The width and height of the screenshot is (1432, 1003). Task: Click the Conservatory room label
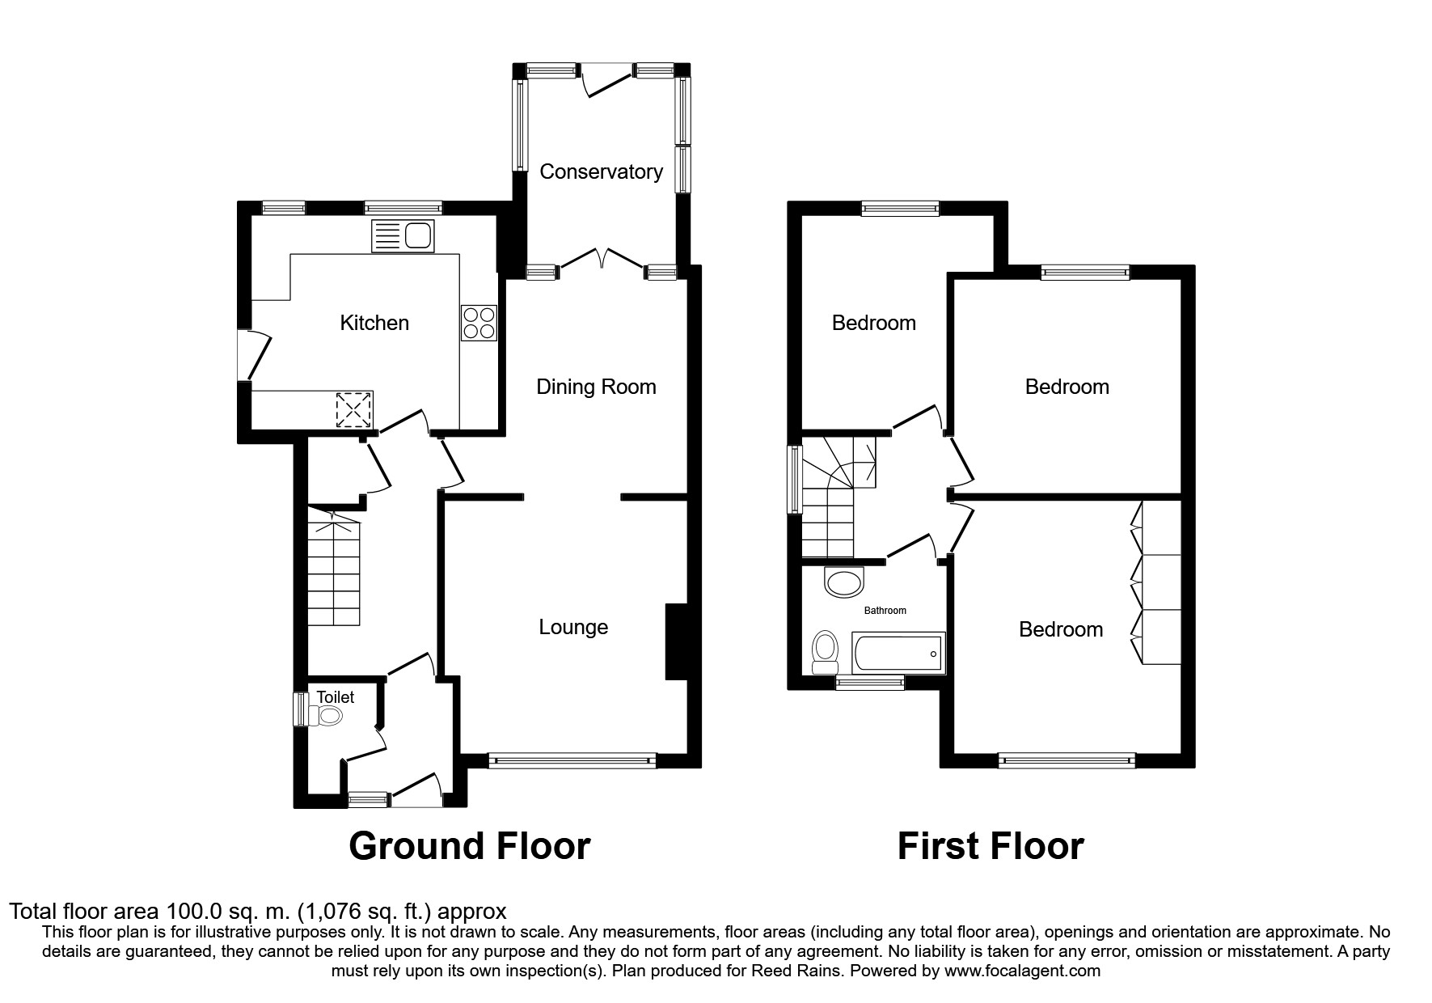(601, 171)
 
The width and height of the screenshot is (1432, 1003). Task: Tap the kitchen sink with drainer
(403, 236)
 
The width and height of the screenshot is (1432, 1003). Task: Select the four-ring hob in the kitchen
(479, 323)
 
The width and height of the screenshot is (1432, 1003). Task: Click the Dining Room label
(596, 387)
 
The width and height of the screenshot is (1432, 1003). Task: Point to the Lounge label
(573, 627)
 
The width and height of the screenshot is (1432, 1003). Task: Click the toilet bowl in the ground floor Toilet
(327, 715)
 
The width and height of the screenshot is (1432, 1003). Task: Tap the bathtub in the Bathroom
(898, 653)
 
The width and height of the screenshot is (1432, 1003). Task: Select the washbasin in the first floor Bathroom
(844, 582)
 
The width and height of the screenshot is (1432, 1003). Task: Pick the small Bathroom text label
(885, 611)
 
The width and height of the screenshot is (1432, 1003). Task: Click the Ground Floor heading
(469, 846)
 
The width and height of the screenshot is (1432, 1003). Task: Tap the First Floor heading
(990, 846)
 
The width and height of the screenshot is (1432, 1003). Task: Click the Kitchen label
(374, 323)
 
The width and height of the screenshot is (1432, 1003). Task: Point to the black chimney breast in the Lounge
(676, 641)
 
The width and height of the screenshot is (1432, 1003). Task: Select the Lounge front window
(572, 760)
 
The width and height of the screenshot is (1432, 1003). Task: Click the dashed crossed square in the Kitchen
(355, 409)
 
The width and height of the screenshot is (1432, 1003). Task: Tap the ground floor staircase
(333, 566)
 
